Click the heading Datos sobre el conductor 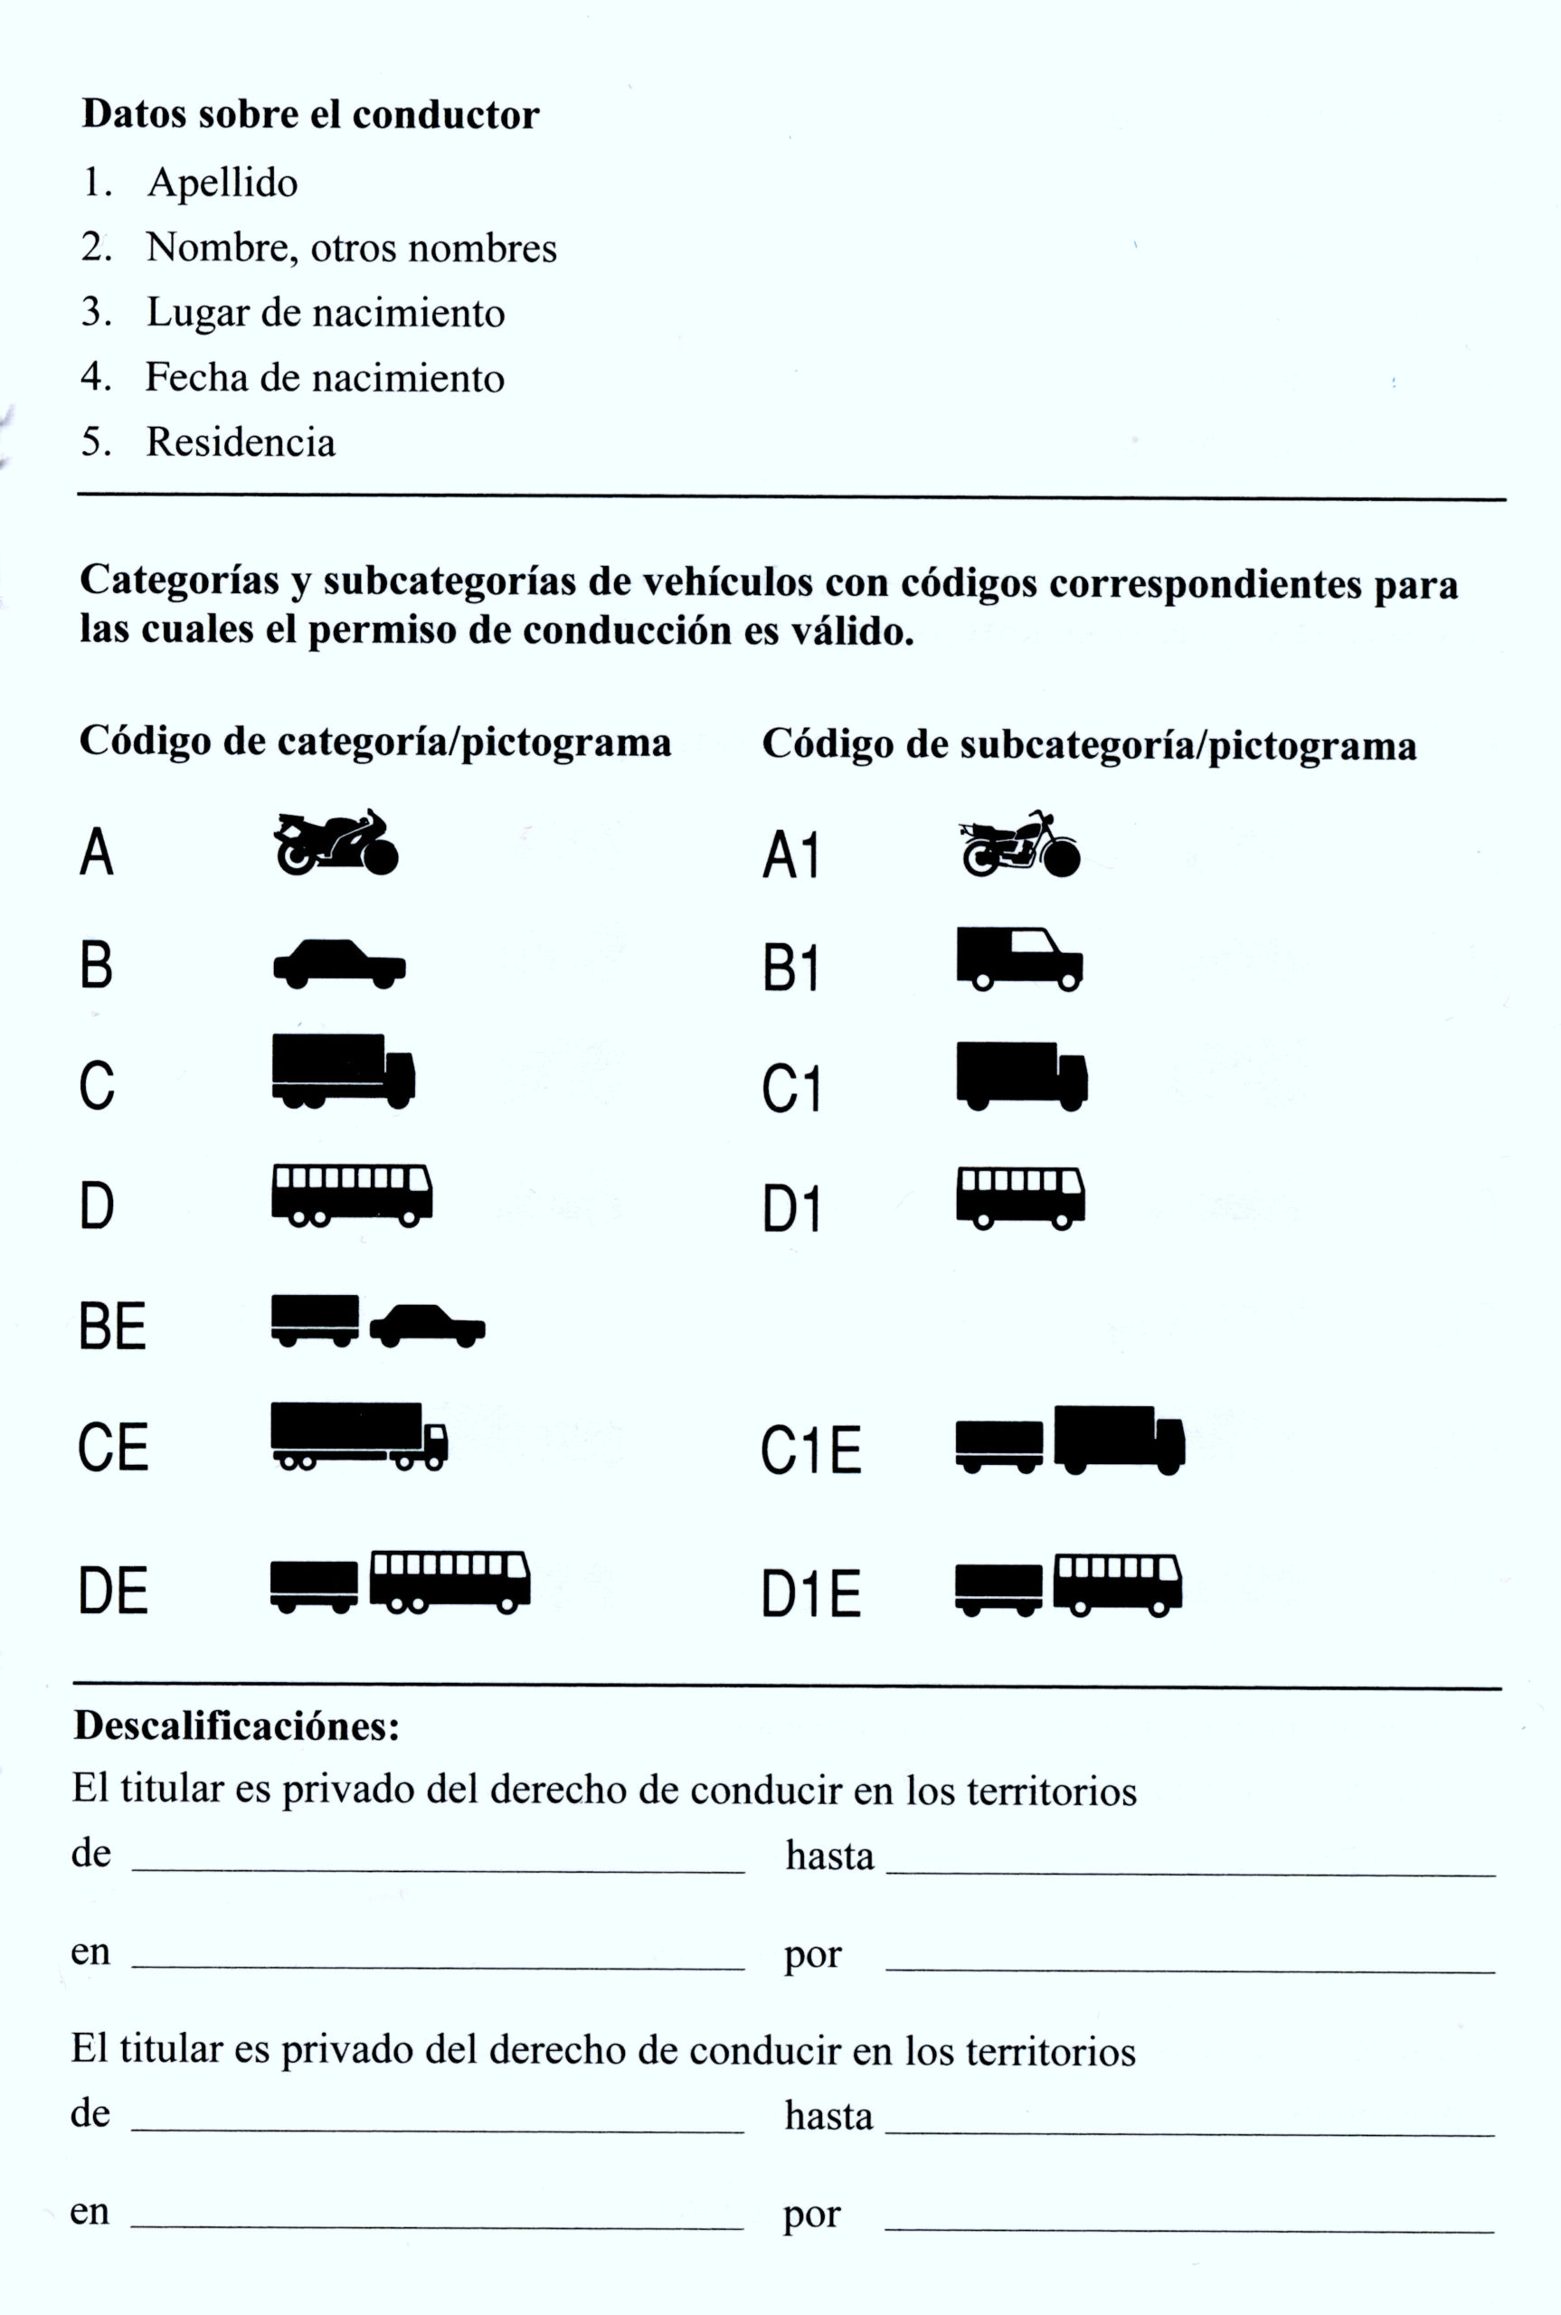pyautogui.click(x=310, y=115)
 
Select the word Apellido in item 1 pyautogui.click(x=222, y=184)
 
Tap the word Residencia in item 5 pyautogui.click(x=241, y=442)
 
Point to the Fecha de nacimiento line pyautogui.click(x=293, y=377)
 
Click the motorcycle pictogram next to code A pyautogui.click(x=336, y=842)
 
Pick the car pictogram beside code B pyautogui.click(x=339, y=963)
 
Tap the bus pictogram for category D pyautogui.click(x=353, y=1196)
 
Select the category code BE pyautogui.click(x=112, y=1327)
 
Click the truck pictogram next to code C pyautogui.click(x=344, y=1071)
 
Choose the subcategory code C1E pyautogui.click(x=811, y=1450)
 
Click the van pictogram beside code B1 pyautogui.click(x=1019, y=959)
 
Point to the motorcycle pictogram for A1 pyautogui.click(x=1019, y=843)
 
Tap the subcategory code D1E pyautogui.click(x=811, y=1593)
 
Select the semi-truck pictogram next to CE pyautogui.click(x=359, y=1436)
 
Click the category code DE pyautogui.click(x=113, y=1591)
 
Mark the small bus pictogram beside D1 pyautogui.click(x=1020, y=1199)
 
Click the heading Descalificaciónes pyautogui.click(x=237, y=1724)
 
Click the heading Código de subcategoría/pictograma pyautogui.click(x=1089, y=745)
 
